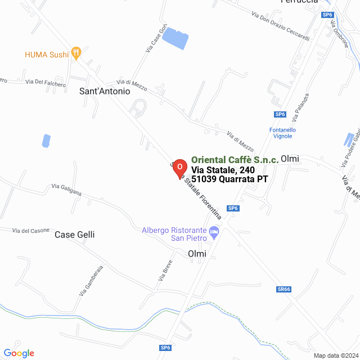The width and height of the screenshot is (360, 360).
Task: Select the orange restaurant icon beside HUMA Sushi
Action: (x=76, y=54)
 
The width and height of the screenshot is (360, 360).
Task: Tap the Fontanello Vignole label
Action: (x=283, y=133)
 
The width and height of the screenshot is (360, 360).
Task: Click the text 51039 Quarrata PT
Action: (x=229, y=179)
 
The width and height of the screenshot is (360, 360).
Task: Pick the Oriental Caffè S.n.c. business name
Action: (x=235, y=160)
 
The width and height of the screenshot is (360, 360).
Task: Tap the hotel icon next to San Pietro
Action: (x=214, y=232)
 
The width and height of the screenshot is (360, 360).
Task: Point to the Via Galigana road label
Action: (x=66, y=190)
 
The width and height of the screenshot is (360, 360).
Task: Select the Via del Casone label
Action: (x=31, y=231)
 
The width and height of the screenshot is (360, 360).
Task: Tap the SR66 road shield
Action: (x=284, y=289)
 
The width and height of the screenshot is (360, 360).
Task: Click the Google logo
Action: (x=19, y=353)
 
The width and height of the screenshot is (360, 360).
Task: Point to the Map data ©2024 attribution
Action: (x=336, y=355)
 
